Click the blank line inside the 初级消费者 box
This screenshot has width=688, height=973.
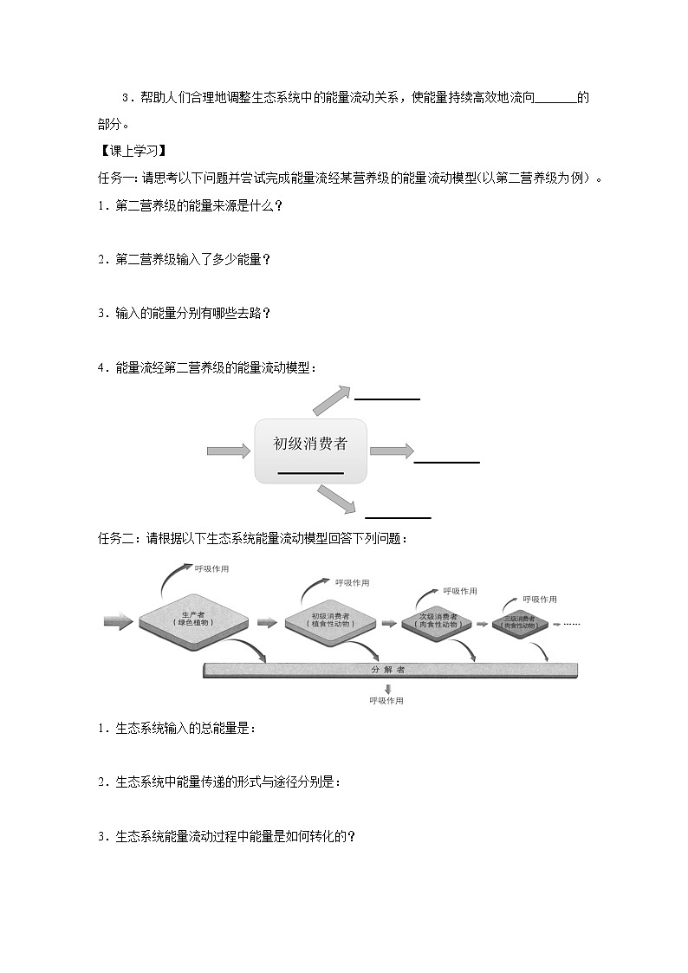tap(310, 473)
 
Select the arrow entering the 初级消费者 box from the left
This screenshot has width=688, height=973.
tap(227, 451)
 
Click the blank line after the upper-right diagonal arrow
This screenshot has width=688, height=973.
tap(387, 399)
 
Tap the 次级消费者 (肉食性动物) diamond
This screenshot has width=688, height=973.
tap(437, 621)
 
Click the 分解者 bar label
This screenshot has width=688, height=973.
tap(388, 670)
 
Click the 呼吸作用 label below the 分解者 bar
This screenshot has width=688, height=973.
tap(386, 701)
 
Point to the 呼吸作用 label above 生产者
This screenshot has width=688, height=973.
tap(211, 568)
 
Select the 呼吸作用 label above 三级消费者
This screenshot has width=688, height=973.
tap(540, 600)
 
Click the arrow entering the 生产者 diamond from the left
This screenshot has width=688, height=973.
tap(118, 621)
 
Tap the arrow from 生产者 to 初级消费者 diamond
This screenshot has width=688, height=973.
tap(267, 621)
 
